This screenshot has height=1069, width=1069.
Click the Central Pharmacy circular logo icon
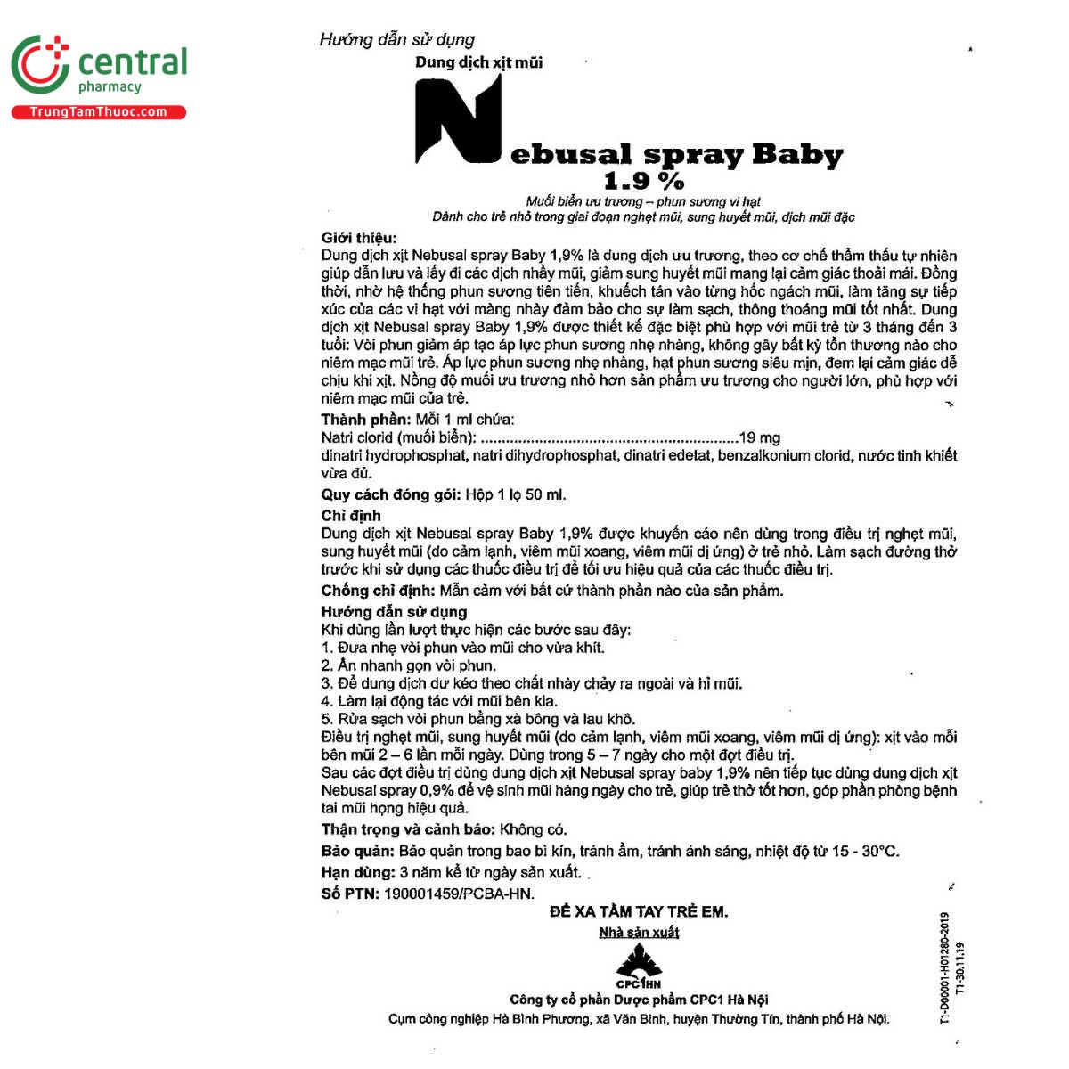pos(40,64)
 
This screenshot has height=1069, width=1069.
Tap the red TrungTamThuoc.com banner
pos(98,112)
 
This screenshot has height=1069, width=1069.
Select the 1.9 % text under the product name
pos(643,181)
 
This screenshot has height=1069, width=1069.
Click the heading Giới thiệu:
pos(359,238)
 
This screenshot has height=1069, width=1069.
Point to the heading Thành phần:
pos(366,420)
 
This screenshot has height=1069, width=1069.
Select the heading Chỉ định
pos(351,516)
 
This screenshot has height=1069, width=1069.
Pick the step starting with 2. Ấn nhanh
pos(409,665)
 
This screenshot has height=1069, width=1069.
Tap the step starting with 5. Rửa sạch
pos(478,719)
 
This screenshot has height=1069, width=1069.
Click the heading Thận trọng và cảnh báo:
pos(408,829)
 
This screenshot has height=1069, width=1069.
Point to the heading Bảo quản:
pos(358,851)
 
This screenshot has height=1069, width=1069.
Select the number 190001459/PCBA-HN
pos(459,894)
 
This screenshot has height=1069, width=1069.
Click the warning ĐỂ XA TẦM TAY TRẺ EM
pos(639,911)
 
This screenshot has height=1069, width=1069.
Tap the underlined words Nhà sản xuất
pos(639,933)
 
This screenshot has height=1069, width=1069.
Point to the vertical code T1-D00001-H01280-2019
pos(945,967)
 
